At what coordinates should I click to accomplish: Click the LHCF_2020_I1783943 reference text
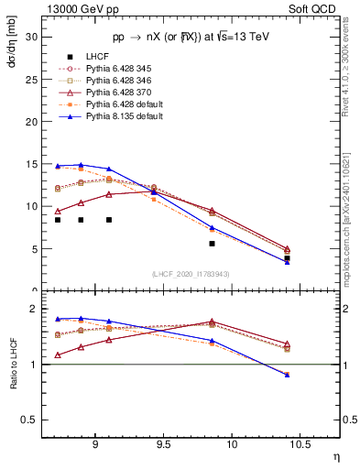tap(191, 273)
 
